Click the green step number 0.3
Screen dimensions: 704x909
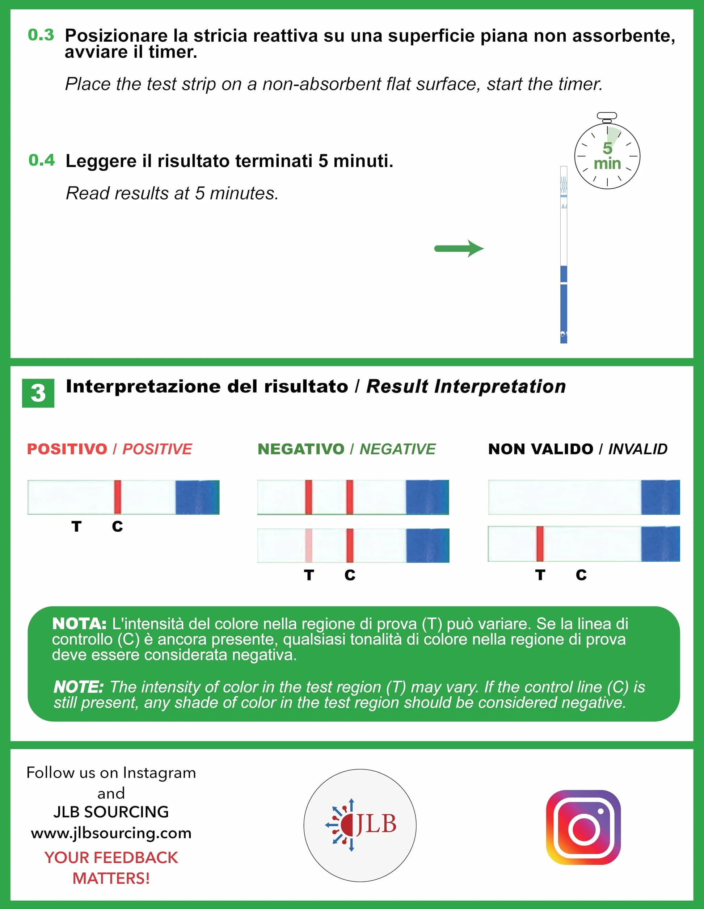[x=41, y=35]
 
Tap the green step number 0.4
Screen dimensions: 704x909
[x=42, y=160]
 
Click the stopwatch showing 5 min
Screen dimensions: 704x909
[x=607, y=151]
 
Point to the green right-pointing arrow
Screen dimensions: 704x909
[x=459, y=248]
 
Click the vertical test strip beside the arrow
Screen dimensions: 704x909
[x=564, y=255]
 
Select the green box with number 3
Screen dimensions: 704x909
[x=38, y=393]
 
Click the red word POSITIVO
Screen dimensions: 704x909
[x=67, y=449]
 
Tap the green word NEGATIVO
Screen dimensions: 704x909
[x=301, y=449]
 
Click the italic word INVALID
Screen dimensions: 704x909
[x=638, y=449]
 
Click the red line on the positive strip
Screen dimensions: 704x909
[x=118, y=497]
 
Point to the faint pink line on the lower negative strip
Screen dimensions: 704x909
[x=309, y=545]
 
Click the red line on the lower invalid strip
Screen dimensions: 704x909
[x=540, y=544]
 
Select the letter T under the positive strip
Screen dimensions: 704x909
[x=76, y=527]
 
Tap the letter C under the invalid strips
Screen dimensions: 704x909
[x=581, y=575]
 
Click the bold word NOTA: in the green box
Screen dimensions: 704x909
[x=79, y=624]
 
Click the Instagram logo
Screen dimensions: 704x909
[x=583, y=828]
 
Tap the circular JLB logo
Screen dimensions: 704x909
[x=360, y=825]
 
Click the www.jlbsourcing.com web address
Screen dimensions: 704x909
[x=111, y=833]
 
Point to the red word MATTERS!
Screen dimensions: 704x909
[x=111, y=879]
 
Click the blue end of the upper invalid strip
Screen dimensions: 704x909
[x=660, y=497]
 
